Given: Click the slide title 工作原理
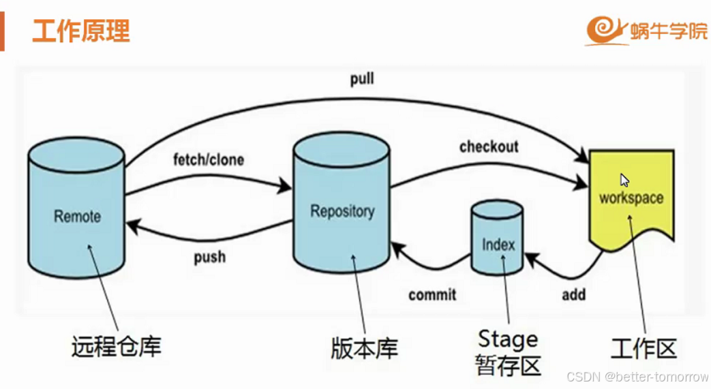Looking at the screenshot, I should click(x=81, y=31).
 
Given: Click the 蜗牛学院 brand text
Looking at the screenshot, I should click(x=669, y=31).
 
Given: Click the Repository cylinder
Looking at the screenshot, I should click(x=342, y=204).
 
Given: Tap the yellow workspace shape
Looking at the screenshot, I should click(x=631, y=198).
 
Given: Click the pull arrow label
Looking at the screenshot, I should click(x=362, y=80).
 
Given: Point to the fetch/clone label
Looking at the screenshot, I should click(x=209, y=161).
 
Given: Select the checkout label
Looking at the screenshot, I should click(x=488, y=146).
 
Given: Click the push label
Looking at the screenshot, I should click(x=209, y=258).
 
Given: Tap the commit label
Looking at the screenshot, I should click(x=432, y=295).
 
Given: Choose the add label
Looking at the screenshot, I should click(x=573, y=295).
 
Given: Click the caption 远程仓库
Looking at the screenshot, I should click(x=116, y=346).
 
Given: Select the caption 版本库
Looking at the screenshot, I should click(x=364, y=348).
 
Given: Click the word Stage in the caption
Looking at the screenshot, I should click(x=508, y=339).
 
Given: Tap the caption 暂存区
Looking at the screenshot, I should click(x=508, y=365).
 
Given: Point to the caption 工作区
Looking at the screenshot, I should click(x=644, y=348).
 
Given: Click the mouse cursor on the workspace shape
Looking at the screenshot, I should click(x=624, y=180).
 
